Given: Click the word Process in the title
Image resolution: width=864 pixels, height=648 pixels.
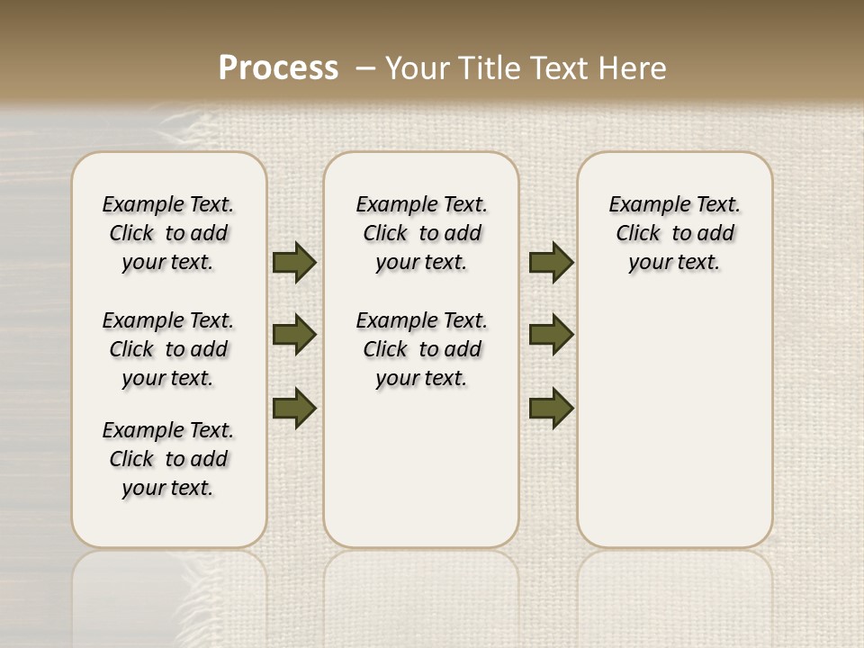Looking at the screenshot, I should (278, 68).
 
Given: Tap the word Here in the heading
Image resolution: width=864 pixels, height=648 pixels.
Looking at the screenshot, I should (634, 68).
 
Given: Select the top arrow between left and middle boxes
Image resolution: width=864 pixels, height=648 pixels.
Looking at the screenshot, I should (294, 262).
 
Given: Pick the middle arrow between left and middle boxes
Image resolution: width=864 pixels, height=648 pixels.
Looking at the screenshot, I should (294, 335).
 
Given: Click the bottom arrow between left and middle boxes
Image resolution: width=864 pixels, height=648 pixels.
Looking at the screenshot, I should (294, 408).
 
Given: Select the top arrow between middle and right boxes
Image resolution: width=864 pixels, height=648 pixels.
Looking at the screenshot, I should (551, 262).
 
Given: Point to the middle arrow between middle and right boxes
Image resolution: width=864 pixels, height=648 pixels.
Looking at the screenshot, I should (551, 335).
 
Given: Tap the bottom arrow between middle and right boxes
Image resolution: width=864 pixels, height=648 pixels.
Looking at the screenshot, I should (551, 408).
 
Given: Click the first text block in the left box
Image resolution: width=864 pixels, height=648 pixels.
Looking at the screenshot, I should (168, 233).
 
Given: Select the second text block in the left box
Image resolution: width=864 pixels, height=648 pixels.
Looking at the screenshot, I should (168, 349).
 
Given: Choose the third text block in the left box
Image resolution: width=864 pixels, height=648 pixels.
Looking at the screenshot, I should (168, 459).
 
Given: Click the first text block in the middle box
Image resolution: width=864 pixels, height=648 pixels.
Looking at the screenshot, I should (422, 233).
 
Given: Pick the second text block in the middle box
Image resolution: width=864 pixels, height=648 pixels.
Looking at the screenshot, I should (422, 349).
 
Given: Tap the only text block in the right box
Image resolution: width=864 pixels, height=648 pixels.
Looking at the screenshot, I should (675, 233).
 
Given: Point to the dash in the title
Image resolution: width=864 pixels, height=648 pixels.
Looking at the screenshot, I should (365, 68).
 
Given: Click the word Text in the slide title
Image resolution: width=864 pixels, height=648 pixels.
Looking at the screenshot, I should (562, 68).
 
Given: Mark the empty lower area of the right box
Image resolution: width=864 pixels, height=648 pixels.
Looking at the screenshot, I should (675, 423).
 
